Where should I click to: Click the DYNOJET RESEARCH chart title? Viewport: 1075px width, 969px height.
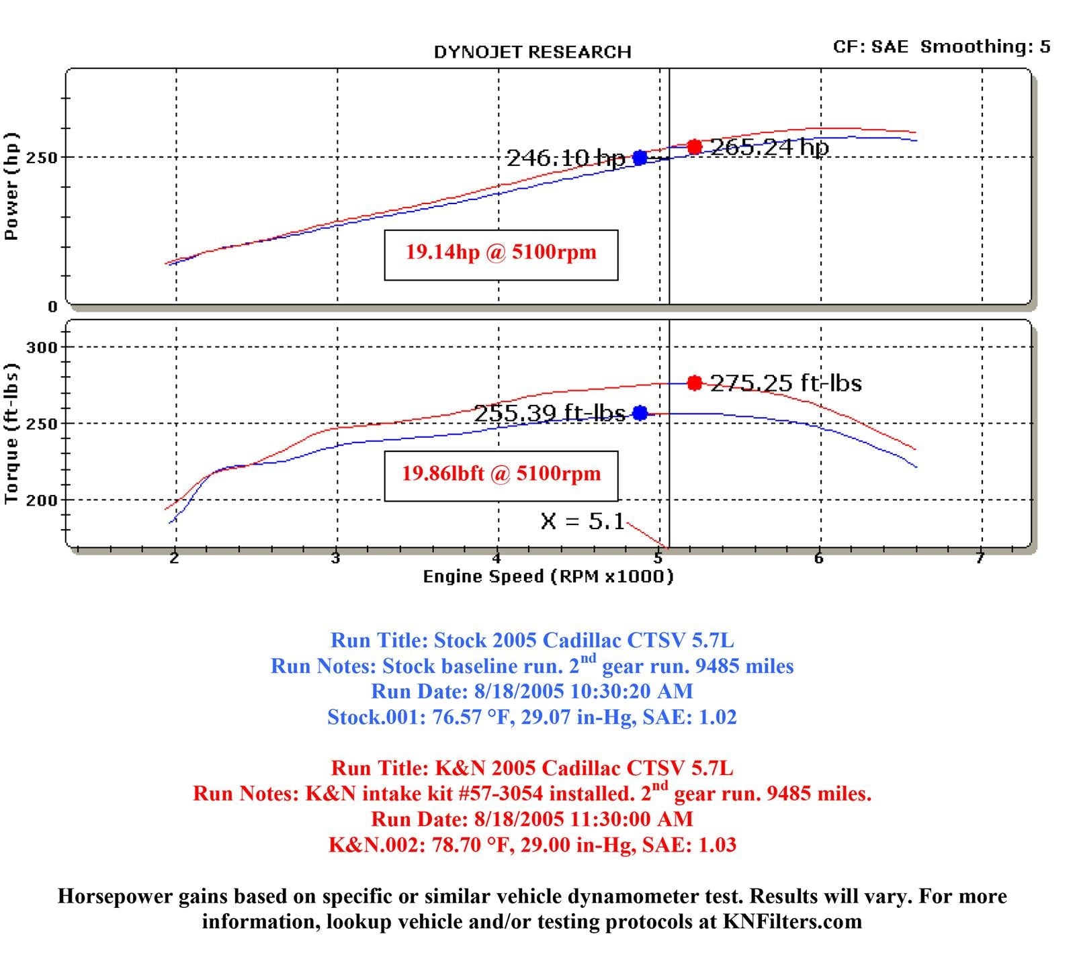[x=532, y=52]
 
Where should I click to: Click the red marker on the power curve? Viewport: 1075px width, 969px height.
[x=695, y=147]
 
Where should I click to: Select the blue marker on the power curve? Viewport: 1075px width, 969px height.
[x=640, y=158]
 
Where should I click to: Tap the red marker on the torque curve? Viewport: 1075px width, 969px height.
[x=695, y=383]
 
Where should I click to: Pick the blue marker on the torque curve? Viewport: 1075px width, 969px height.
[x=640, y=413]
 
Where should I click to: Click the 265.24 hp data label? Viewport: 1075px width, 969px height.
[x=769, y=147]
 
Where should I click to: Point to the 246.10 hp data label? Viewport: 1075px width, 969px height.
[x=565, y=158]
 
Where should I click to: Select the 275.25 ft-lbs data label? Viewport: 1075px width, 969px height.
[x=785, y=383]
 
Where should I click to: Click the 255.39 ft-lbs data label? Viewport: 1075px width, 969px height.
[x=550, y=413]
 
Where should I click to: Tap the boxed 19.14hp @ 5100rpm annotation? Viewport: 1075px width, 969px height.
[x=501, y=252]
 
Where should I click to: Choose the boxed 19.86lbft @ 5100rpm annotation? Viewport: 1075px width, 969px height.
[x=501, y=474]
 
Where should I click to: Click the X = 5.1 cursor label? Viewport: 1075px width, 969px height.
[x=583, y=521]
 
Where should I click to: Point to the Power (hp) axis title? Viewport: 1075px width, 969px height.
[x=11, y=186]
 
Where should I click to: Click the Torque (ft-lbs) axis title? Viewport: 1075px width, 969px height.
[x=11, y=434]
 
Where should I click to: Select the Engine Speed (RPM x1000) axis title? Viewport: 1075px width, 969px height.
[x=548, y=576]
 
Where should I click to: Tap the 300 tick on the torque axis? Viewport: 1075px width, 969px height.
[x=42, y=347]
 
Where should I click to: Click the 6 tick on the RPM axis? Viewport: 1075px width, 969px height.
[x=818, y=559]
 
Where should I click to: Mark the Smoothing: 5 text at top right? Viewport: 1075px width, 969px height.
[x=985, y=46]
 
